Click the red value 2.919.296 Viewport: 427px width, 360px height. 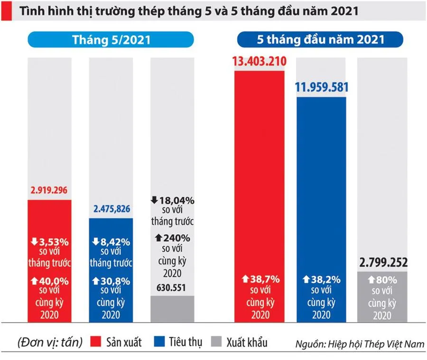click(x=49, y=192)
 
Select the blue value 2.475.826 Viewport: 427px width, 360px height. click(x=111, y=209)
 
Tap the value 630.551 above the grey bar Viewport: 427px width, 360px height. click(x=172, y=288)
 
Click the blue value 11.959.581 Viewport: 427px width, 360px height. click(x=321, y=87)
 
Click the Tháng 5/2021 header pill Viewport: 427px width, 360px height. click(x=111, y=40)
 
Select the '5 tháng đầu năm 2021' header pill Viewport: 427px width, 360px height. click(x=321, y=40)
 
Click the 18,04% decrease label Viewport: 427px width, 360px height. click(x=172, y=200)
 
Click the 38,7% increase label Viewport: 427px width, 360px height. click(x=259, y=280)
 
